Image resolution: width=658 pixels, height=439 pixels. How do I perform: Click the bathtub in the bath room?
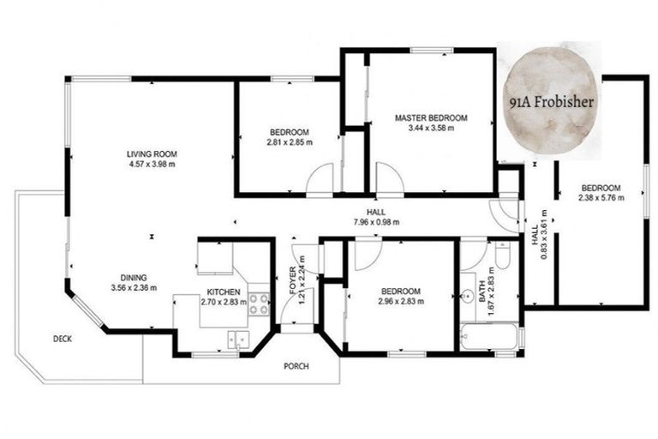point(488,336)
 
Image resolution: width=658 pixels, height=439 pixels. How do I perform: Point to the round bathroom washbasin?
point(467,298)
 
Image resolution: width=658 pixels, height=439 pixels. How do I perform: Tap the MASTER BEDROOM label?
point(430,117)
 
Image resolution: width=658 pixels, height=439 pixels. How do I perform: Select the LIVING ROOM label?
point(152,154)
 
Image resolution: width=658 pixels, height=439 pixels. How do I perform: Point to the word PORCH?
point(296,366)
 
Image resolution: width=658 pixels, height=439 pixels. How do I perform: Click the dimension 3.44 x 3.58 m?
point(430,129)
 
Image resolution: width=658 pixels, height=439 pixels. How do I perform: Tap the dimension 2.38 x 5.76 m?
point(601,197)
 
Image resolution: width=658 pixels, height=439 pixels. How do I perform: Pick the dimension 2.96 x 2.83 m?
point(400,301)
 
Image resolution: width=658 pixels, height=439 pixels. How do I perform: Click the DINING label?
point(134,277)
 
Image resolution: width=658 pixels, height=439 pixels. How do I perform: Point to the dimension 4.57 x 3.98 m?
point(152,164)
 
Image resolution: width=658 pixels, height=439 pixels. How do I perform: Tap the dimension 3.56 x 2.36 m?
point(134,287)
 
